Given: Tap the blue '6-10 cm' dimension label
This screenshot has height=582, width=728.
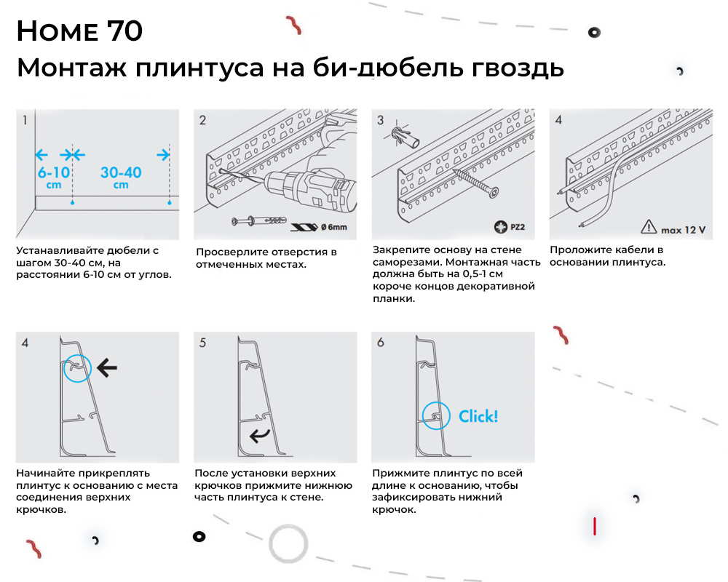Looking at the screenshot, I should [53, 178].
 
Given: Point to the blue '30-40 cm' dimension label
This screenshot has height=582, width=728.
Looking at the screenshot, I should [121, 178].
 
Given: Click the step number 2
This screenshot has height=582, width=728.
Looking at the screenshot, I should [202, 120].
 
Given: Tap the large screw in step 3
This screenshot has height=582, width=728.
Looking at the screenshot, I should [477, 182].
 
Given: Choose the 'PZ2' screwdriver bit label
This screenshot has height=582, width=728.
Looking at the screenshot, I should [509, 228].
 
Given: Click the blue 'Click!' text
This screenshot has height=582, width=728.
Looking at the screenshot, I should [478, 416].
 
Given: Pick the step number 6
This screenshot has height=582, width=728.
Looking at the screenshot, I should [380, 342].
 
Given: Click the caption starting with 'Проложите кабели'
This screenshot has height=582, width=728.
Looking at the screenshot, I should [606, 256].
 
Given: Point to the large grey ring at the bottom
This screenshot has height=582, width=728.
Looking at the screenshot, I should [288, 543].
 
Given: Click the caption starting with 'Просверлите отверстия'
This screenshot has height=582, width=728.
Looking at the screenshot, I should [266, 258].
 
